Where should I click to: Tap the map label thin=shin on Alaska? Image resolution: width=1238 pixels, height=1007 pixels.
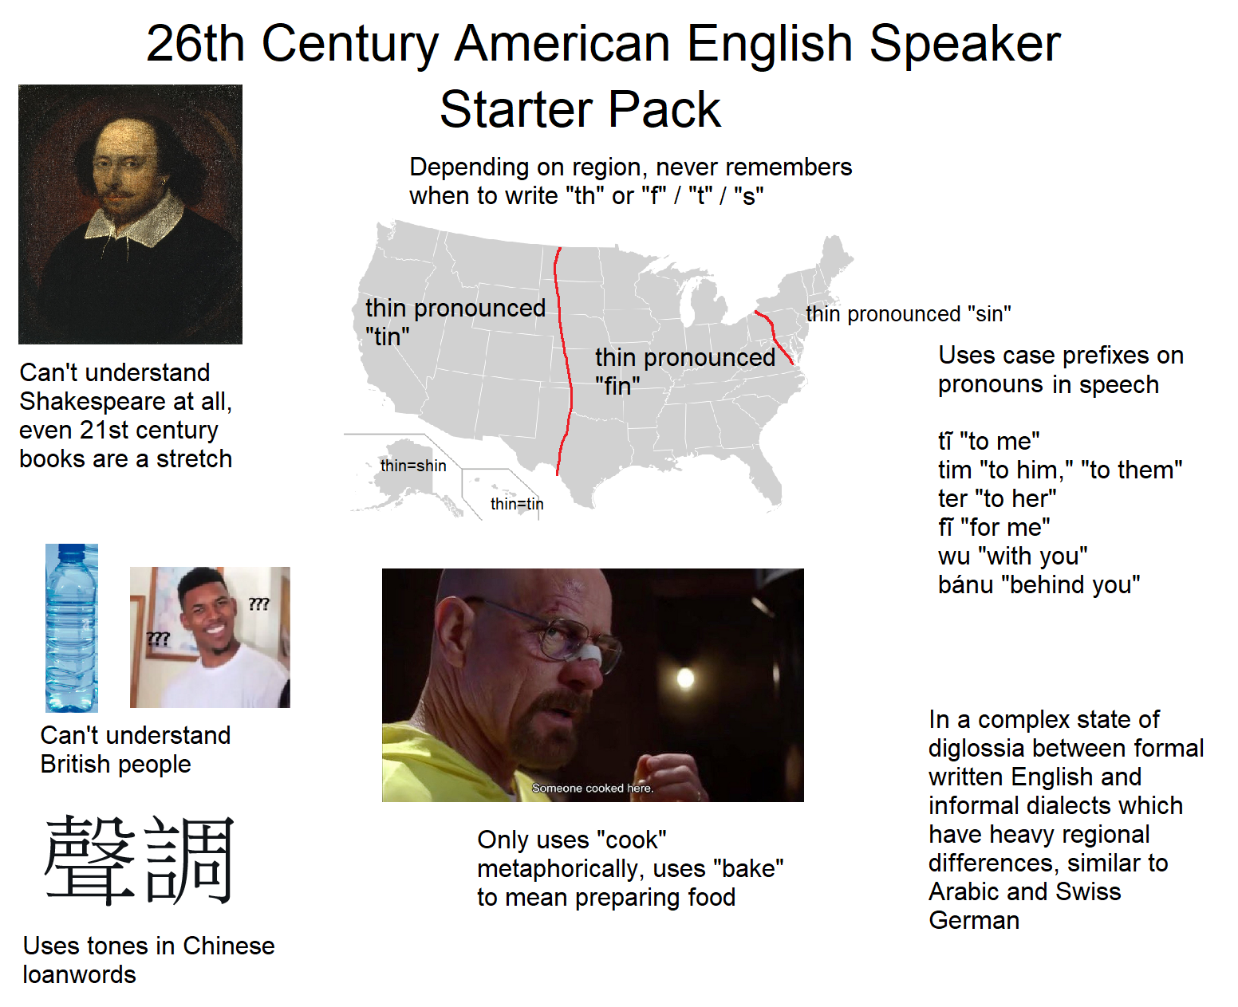point(413,466)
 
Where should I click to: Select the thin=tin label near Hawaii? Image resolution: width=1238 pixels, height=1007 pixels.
point(517,504)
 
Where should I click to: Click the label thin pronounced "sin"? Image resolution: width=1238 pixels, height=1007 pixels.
point(909,314)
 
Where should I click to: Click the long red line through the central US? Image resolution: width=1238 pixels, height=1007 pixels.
point(565,360)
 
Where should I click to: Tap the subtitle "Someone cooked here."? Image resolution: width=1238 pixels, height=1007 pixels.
point(593,788)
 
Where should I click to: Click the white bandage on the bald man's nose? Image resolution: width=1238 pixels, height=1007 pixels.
point(593,653)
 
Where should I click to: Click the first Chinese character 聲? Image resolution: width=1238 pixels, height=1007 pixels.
point(90,860)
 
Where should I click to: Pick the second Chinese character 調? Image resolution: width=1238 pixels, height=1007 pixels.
point(189,860)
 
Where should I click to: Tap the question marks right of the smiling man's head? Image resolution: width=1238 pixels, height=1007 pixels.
point(258,604)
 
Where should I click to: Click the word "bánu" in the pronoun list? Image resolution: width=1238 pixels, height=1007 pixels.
point(965,584)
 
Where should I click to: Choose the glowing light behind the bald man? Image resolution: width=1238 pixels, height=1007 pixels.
point(685,678)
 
